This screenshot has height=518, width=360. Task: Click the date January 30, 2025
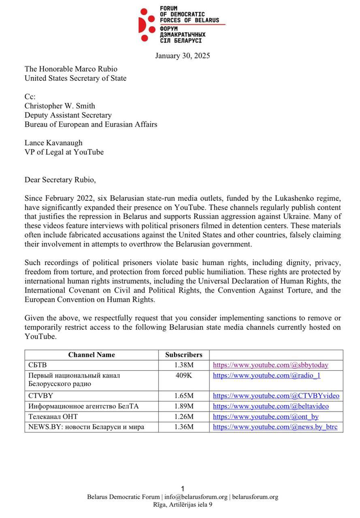[x=182, y=56]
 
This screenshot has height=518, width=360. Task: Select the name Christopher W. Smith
[x=60, y=106]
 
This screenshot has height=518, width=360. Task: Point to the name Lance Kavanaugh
[x=53, y=143]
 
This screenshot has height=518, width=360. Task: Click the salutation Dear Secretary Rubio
[x=60, y=180]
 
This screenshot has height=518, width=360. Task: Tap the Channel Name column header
[x=92, y=355]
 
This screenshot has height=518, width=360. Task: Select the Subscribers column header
[x=183, y=355]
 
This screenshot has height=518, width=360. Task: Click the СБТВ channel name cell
[x=38, y=365]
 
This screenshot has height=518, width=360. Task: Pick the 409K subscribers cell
[x=184, y=376]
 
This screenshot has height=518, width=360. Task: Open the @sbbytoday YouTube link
[x=271, y=365]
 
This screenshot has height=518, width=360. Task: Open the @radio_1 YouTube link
[x=266, y=376]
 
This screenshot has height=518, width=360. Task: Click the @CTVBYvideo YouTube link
[x=276, y=396]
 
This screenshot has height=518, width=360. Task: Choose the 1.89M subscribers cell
[x=184, y=406]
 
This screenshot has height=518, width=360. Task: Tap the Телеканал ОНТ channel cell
[x=53, y=416]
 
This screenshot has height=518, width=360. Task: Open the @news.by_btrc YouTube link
[x=275, y=427]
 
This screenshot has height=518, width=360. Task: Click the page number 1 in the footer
[x=183, y=489]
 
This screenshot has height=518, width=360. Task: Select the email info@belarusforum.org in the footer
[x=196, y=497]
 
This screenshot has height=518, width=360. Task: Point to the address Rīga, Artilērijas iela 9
[x=183, y=505]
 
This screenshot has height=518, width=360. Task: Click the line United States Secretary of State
[x=75, y=79]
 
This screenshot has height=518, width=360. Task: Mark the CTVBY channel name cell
[x=41, y=396]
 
